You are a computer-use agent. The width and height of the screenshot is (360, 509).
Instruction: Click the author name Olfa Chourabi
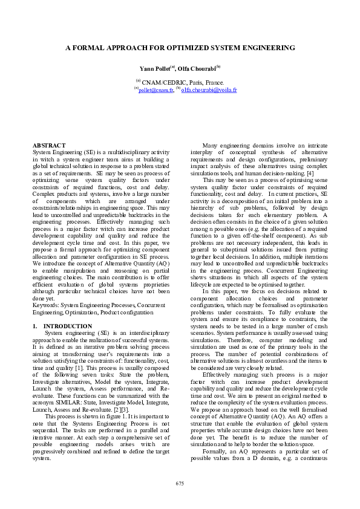198,68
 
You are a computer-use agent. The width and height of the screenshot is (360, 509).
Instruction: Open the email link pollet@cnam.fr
155,90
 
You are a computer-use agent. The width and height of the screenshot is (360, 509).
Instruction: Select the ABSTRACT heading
49,146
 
